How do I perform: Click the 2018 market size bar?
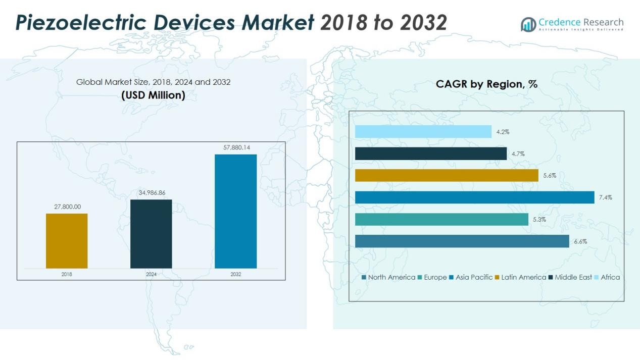pos(67,241)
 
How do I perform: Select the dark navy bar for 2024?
pos(151,234)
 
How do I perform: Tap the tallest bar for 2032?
pos(235,211)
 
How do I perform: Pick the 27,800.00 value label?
pos(67,207)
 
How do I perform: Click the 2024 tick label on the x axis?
pos(151,274)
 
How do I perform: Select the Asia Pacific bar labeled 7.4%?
pos(474,197)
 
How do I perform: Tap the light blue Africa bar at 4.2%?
pos(423,132)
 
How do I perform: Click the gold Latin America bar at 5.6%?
pos(447,175)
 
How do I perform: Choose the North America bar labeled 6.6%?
pos(462,241)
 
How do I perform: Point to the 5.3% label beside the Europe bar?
pos(538,220)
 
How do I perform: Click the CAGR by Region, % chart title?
pos(486,84)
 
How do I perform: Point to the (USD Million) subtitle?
pos(153,95)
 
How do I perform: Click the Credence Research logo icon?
pos(528,24)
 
